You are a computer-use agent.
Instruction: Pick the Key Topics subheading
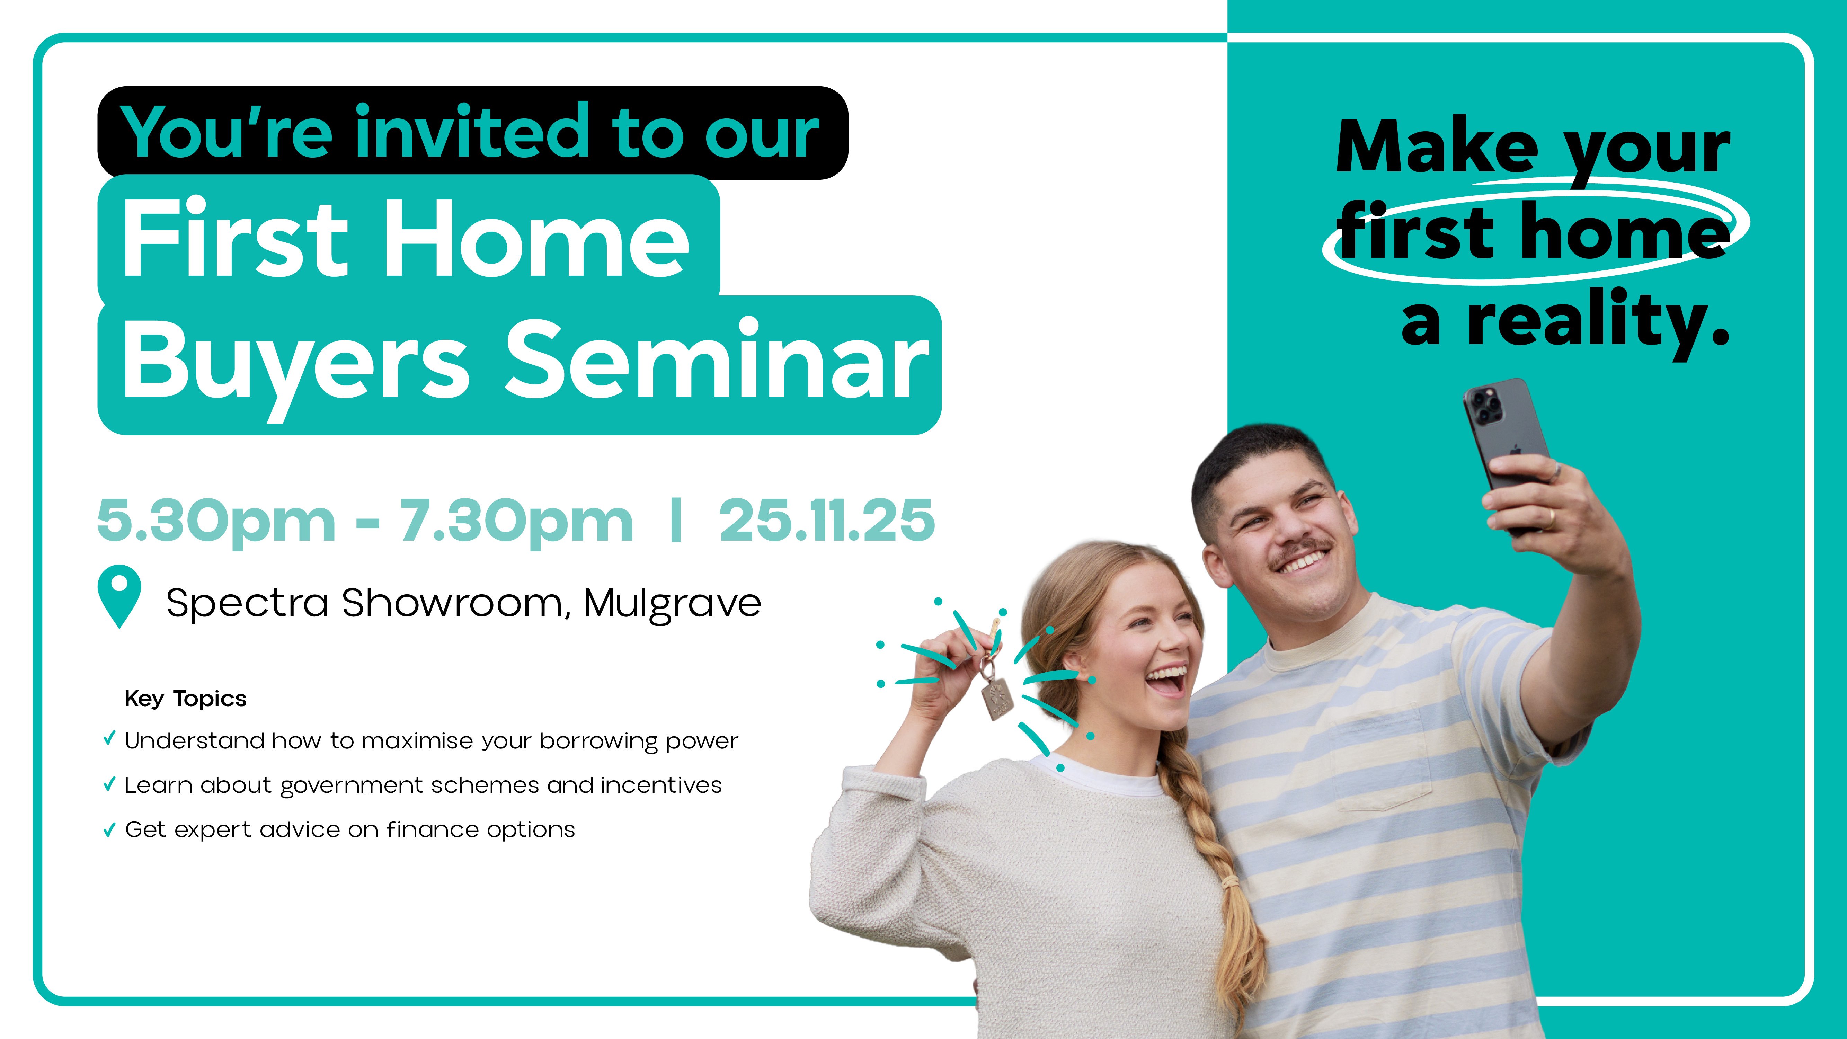click(x=186, y=699)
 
